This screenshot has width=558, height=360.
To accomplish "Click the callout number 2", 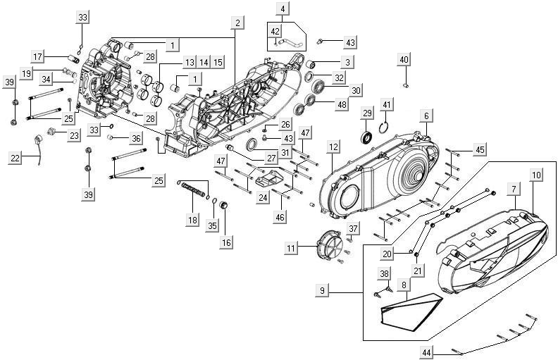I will tap(237, 23).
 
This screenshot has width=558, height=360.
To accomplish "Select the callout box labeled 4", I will tap(283, 9).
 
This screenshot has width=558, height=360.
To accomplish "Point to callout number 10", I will tap(537, 174).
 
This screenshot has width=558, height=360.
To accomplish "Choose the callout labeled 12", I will tap(333, 147).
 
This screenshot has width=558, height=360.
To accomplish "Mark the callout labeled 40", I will tap(404, 60).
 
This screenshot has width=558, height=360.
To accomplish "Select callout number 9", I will tap(323, 290).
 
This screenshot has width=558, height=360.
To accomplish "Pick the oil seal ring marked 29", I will tap(367, 136).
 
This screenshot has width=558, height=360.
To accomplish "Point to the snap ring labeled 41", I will tap(384, 127).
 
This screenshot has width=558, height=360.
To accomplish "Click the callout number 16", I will tap(225, 242).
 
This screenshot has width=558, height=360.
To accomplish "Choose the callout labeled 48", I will tap(342, 104).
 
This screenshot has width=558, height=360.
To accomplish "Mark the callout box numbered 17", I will tap(38, 56).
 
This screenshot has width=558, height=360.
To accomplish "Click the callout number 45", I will tap(480, 149).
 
